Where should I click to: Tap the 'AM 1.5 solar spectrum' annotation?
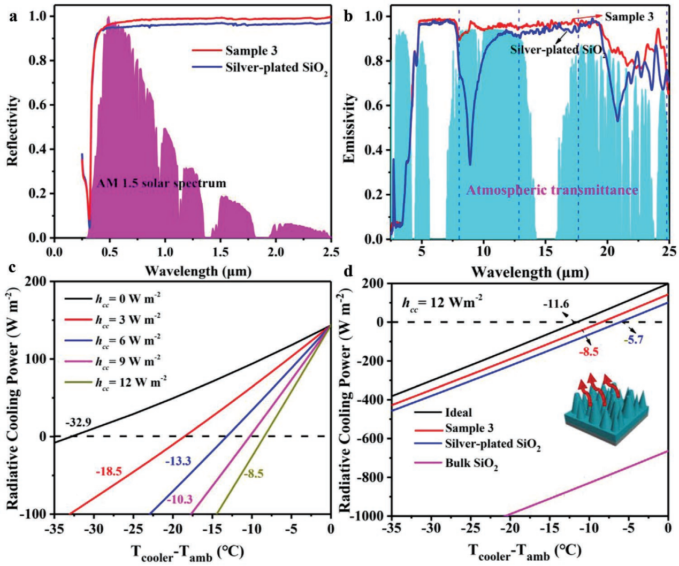point(162,183)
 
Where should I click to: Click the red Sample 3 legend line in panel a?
point(207,51)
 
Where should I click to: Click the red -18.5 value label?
point(109,471)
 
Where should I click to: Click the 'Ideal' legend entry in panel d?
point(459,412)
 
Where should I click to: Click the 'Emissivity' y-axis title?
point(350,128)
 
